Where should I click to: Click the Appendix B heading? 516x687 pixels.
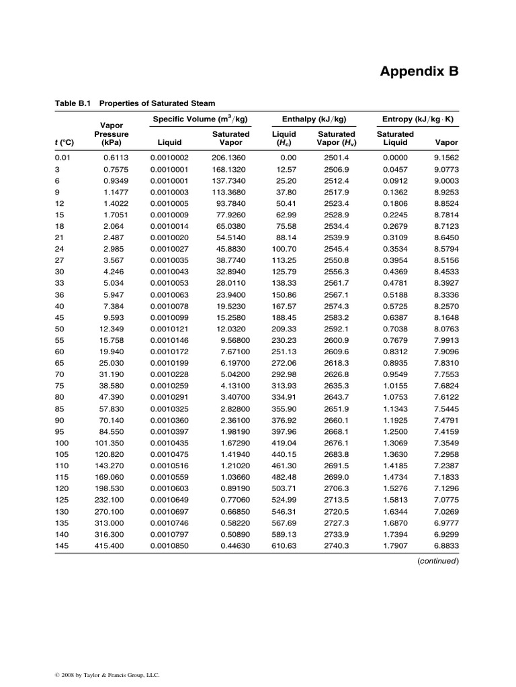tap(420, 71)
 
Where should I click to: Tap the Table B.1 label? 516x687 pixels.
tap(72, 103)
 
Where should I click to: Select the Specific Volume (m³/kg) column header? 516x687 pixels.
tap(200, 119)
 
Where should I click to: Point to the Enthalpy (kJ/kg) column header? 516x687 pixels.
tap(314, 119)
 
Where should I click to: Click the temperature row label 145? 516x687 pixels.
tap(62, 547)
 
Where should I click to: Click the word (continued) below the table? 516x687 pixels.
tap(437, 561)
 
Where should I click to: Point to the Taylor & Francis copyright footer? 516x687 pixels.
tap(108, 675)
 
